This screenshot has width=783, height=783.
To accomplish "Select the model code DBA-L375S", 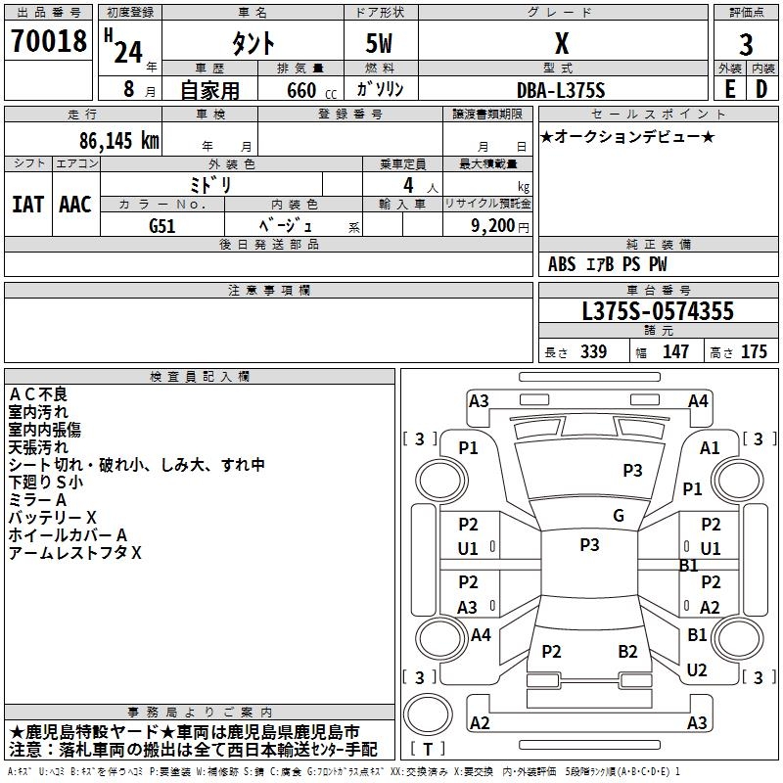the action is tap(561, 89).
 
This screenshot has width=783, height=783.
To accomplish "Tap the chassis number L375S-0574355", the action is tap(657, 312).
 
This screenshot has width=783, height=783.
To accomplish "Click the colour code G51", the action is tap(162, 225).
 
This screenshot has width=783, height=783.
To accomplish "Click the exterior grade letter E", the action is tap(729, 89).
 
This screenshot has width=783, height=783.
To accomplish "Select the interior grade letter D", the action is tap(761, 89).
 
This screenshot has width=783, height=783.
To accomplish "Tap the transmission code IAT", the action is tap(27, 205).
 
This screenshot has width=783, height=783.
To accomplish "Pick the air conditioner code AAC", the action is tap(74, 205).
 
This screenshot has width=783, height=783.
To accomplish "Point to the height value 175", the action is tap(754, 352).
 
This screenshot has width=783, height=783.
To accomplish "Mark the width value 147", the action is tap(675, 352).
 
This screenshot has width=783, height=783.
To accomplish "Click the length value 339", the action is tap(593, 352).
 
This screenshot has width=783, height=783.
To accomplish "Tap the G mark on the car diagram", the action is tap(619, 516).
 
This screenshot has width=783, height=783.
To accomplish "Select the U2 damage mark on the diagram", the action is tap(697, 670).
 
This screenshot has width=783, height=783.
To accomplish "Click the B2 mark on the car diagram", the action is tap(627, 652).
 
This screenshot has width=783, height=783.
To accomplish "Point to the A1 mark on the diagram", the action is tap(710, 447).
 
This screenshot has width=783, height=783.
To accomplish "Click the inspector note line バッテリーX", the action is tap(53, 517).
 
